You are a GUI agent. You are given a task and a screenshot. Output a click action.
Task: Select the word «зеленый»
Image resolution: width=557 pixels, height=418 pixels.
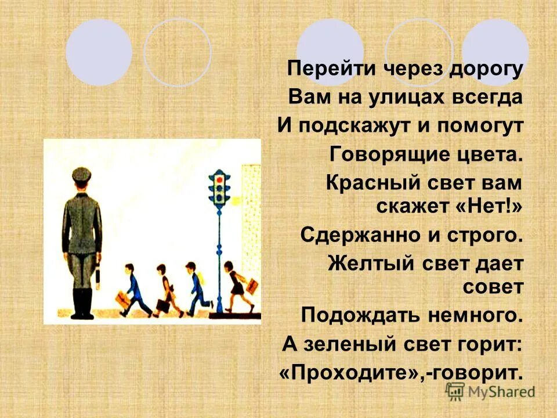click(x=345, y=344)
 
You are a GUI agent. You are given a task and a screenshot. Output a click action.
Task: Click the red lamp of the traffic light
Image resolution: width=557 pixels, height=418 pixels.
click(x=219, y=181)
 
